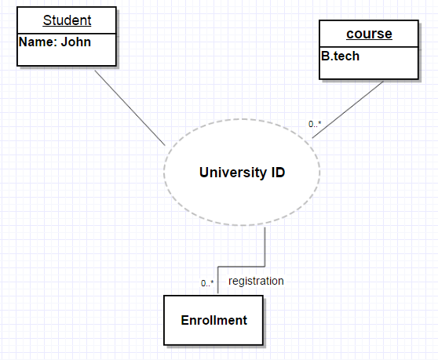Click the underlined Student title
pyautogui.click(x=67, y=20)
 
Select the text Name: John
pyautogui.click(x=54, y=42)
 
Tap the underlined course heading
pyautogui.click(x=369, y=35)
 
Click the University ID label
pyautogui.click(x=242, y=173)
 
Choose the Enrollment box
pyautogui.click(x=214, y=320)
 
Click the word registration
pyautogui.click(x=256, y=281)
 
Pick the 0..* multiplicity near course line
pyautogui.click(x=314, y=124)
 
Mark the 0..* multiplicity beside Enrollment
pyautogui.click(x=207, y=283)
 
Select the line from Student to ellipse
pyautogui.click(x=130, y=107)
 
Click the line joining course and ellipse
pyautogui.click(x=348, y=110)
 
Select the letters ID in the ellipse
pyautogui.click(x=277, y=173)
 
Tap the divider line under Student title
pyautogui.click(x=67, y=32)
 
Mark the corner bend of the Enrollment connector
pyautogui.click(x=265, y=264)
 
